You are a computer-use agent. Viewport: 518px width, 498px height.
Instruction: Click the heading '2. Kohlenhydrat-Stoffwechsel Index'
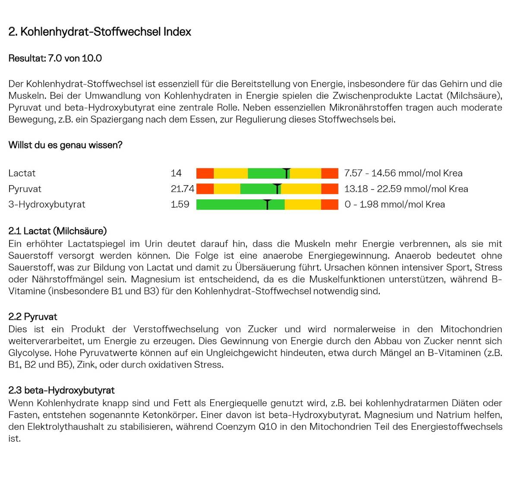[100, 32]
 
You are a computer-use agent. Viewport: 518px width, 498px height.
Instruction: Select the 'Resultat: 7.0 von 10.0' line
[55, 58]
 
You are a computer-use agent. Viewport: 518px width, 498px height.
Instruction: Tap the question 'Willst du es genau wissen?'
[65, 145]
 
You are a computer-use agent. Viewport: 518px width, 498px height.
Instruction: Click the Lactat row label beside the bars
[22, 173]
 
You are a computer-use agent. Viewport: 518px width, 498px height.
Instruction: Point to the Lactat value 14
[176, 173]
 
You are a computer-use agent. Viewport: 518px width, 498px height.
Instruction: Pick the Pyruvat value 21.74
[182, 189]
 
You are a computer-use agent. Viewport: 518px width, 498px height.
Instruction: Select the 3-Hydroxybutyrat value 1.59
[180, 205]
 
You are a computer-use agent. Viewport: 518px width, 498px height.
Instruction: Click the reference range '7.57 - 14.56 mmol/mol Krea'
[403, 173]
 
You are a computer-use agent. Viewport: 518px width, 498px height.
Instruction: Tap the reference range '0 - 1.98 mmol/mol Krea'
[395, 205]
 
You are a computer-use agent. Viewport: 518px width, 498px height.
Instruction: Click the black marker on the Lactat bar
[287, 173]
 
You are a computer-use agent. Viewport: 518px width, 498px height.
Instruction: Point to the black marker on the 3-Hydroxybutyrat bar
[268, 205]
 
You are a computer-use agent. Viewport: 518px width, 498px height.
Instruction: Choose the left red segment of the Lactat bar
[205, 173]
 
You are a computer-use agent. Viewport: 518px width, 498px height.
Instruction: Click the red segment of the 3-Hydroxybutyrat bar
[329, 205]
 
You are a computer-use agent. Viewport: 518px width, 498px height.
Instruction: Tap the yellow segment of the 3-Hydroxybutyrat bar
[303, 205]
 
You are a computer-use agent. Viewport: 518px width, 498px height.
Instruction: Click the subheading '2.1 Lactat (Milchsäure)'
[57, 231]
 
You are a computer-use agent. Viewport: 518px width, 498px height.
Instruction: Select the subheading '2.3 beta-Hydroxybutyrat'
[61, 391]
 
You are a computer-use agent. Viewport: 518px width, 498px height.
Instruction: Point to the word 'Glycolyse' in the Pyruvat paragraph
[29, 353]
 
